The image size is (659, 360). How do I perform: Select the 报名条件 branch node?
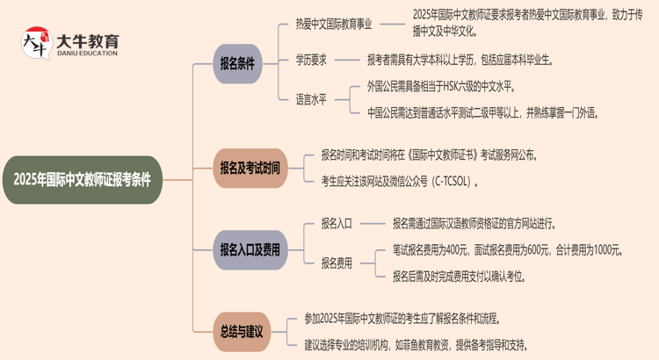coord(237,63)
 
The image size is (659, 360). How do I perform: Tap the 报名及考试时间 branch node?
coord(250,168)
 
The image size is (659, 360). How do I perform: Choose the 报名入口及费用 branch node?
coord(250,249)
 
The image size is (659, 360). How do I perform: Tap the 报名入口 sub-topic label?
coord(337,223)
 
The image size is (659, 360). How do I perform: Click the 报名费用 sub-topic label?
coord(337,263)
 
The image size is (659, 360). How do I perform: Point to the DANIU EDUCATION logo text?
coord(86,54)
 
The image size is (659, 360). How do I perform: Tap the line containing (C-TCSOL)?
coord(400,182)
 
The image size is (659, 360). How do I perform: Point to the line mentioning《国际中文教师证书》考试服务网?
coord(430,155)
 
